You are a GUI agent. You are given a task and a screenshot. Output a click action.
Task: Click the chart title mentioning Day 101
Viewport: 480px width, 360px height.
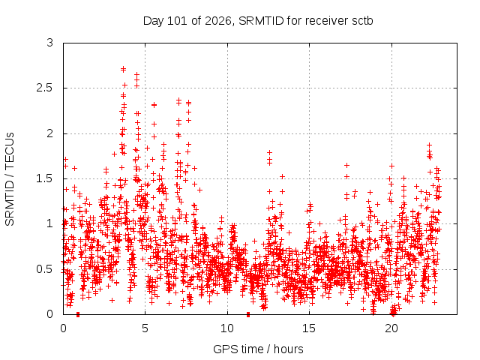click(258, 21)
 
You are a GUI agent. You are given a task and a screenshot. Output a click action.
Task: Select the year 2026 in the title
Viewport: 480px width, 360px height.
click(218, 21)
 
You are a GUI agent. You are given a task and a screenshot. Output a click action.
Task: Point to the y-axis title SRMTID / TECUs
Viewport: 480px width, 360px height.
click(10, 179)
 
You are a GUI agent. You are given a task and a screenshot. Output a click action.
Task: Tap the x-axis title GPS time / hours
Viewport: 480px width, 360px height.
click(258, 349)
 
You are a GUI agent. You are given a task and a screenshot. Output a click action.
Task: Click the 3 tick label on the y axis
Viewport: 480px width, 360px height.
click(50, 43)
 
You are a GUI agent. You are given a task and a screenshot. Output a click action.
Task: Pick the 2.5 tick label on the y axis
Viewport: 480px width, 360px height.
click(45, 88)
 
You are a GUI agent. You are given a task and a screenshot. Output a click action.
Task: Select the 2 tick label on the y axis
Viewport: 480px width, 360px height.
click(50, 133)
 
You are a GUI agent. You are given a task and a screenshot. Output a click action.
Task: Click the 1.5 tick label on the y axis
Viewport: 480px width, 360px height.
click(45, 178)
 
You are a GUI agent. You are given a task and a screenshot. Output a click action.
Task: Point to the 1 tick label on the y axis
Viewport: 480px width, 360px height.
click(50, 223)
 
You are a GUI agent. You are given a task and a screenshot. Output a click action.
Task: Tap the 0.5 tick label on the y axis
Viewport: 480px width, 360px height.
click(45, 269)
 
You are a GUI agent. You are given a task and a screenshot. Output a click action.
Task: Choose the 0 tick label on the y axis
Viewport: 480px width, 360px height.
click(50, 314)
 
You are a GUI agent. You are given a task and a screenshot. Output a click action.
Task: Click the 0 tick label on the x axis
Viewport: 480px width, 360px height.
click(63, 328)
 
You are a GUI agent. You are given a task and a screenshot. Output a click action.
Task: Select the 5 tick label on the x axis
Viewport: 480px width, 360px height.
click(145, 328)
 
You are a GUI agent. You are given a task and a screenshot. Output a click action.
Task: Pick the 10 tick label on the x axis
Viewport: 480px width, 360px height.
click(227, 328)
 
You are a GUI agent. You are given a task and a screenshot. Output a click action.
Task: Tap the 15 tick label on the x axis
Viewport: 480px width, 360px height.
click(309, 328)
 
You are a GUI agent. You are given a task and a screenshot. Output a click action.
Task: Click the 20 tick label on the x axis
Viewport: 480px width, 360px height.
click(391, 328)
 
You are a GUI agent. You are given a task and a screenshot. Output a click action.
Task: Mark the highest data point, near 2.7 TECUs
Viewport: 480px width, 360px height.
click(123, 69)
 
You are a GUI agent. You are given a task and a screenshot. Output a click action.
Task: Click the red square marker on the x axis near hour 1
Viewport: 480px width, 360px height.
click(78, 314)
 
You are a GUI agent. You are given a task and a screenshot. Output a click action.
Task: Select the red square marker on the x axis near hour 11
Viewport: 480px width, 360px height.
click(248, 314)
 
